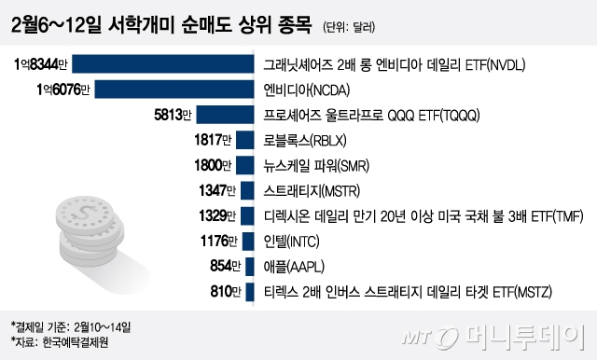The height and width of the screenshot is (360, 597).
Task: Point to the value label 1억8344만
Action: [x=42, y=65]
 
